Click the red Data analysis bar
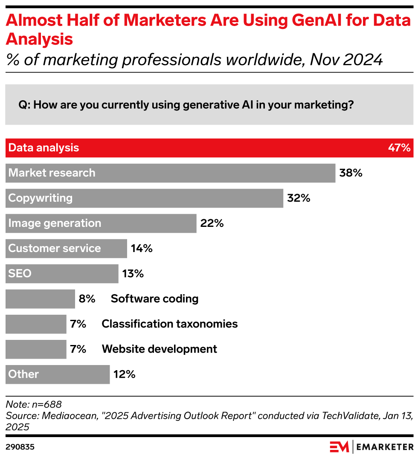coord(209,148)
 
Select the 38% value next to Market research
coord(351,173)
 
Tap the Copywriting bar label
coord(41,198)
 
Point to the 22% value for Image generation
coord(212,223)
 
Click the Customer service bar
coord(66,249)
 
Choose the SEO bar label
coord(20,273)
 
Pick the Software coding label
coord(154,299)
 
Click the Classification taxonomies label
coord(169,324)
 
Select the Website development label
coord(159,349)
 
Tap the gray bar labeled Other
coord(58,374)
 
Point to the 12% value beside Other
coord(124,374)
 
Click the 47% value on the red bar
coord(399,148)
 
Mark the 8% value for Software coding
coord(87,299)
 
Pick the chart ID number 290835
coord(20,447)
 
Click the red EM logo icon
coord(339,446)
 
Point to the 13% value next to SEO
coord(133,274)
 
